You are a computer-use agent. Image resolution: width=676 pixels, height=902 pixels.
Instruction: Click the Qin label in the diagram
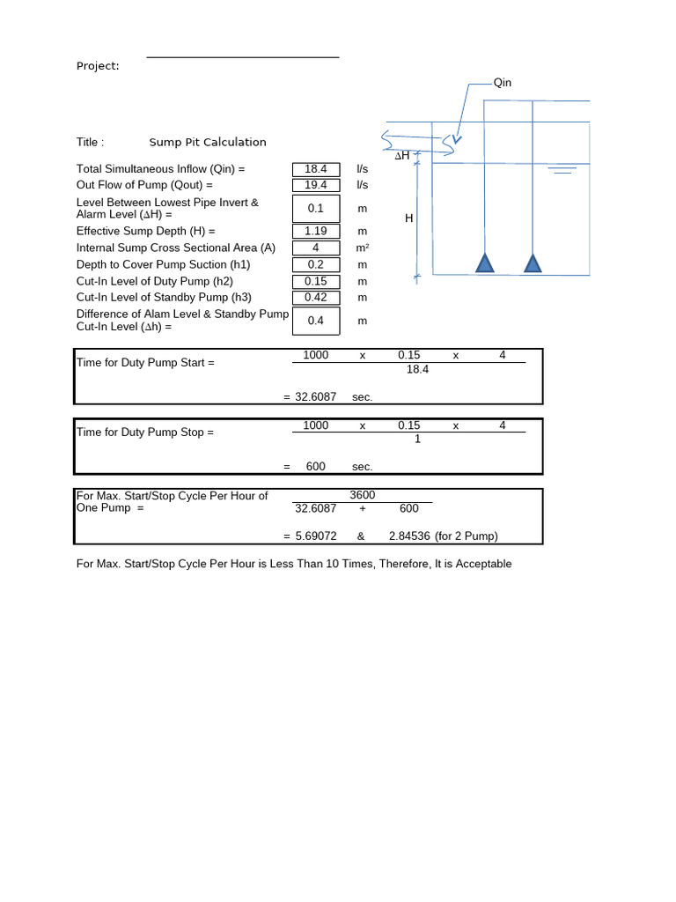[x=503, y=83]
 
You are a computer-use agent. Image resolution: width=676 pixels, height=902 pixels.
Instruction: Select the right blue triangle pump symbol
[x=533, y=263]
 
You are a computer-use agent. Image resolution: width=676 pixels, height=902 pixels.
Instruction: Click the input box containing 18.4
[x=316, y=168]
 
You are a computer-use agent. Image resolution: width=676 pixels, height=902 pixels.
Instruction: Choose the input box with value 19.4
[x=316, y=185]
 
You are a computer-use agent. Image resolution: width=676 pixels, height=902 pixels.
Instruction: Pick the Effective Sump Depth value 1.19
[x=316, y=231]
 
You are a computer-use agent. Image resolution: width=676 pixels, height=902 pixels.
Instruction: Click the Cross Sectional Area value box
[x=316, y=248]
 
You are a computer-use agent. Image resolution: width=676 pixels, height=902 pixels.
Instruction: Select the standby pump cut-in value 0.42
[x=316, y=297]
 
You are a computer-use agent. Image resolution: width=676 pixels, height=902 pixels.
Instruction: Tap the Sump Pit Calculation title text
[x=208, y=142]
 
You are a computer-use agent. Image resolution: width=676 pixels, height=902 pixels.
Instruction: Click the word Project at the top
[x=98, y=66]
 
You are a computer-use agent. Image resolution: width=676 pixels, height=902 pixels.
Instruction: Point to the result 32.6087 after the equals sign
[x=315, y=397]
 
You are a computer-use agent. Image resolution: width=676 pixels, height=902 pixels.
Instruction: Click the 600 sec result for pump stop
[x=315, y=467]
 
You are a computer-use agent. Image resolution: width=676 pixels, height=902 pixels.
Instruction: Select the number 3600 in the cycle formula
[x=363, y=496]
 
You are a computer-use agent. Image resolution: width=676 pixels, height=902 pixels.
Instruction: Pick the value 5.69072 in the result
[x=315, y=536]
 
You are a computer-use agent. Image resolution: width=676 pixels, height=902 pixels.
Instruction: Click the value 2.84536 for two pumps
[x=409, y=536]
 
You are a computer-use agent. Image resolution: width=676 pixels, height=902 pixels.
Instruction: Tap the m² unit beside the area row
[x=362, y=248]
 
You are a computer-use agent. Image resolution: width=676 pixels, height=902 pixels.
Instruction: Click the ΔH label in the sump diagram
[x=402, y=156]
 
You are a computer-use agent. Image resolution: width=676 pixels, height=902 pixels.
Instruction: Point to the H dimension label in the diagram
[x=409, y=218]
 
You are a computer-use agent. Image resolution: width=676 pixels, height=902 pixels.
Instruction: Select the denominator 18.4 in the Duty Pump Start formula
[x=417, y=369]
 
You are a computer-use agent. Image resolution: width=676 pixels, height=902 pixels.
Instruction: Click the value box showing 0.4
[x=316, y=321]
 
